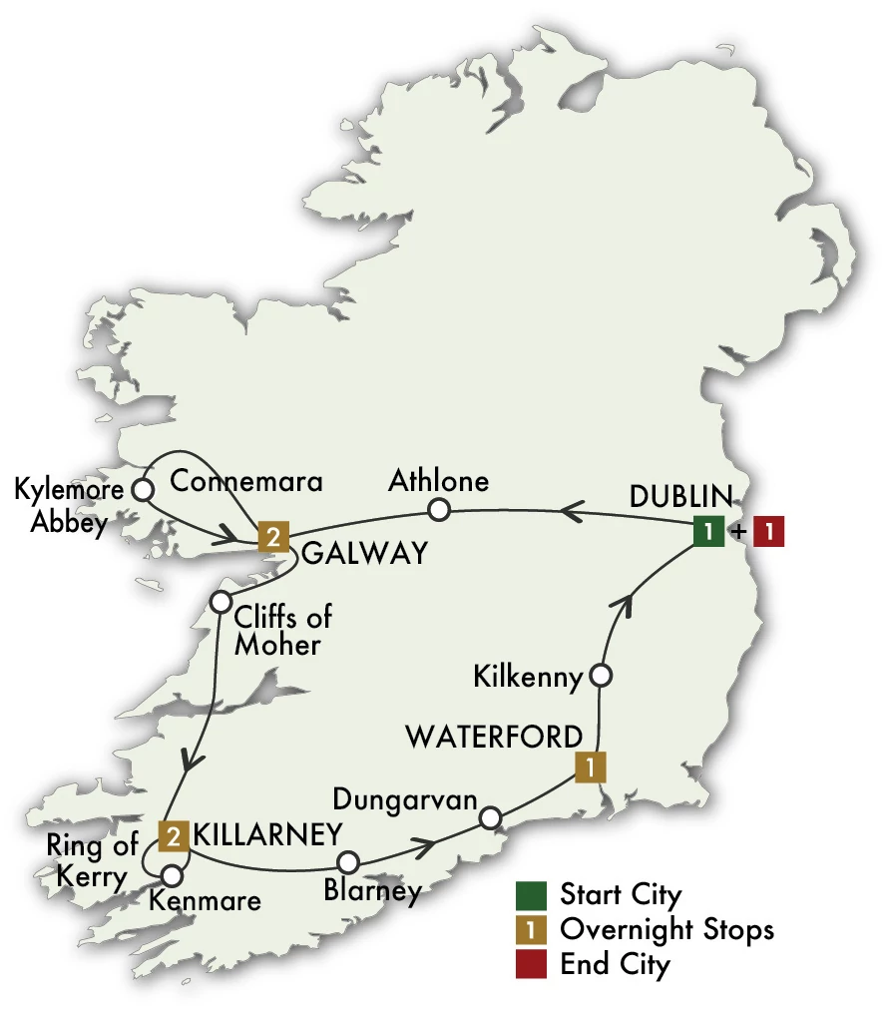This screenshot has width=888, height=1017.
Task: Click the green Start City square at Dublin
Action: click(708, 532)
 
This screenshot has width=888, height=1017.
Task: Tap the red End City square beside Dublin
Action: click(769, 532)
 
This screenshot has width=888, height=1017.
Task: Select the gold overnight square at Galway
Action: click(272, 537)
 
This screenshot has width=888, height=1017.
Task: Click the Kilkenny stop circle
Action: click(601, 676)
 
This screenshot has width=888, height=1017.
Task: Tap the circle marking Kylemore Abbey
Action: click(143, 490)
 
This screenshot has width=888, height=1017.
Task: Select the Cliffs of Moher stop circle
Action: click(222, 603)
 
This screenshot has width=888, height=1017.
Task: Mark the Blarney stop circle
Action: click(347, 861)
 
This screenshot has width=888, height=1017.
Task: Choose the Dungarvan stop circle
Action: click(489, 818)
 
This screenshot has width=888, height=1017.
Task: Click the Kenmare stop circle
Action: click(172, 876)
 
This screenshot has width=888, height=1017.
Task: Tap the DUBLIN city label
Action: click(681, 496)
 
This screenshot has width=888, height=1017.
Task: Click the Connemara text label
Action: click(247, 481)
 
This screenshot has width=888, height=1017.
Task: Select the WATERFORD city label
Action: click(493, 738)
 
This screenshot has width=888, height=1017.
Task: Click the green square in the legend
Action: click(530, 893)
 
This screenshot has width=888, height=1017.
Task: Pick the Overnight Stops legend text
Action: click(666, 929)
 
